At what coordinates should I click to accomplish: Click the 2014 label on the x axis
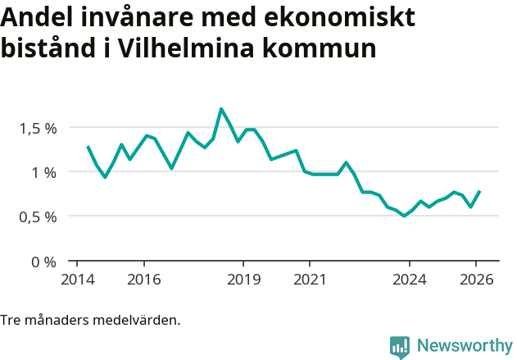coord(77,279)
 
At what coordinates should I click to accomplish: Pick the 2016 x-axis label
coord(144,279)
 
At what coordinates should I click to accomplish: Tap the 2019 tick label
coord(243,279)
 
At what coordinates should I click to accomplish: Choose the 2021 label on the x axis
coord(310,279)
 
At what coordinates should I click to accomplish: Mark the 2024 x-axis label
coord(410,279)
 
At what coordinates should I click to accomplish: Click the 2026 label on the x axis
coord(476,279)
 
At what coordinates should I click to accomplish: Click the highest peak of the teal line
coord(221,108)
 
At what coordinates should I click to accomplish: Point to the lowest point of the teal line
coord(404,216)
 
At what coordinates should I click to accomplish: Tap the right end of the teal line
coord(479,191)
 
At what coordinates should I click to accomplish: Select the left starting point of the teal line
coord(88,147)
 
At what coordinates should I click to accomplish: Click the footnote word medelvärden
coord(138,319)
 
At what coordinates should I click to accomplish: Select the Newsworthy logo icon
coord(400,347)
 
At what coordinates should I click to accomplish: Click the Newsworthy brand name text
coord(464,346)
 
